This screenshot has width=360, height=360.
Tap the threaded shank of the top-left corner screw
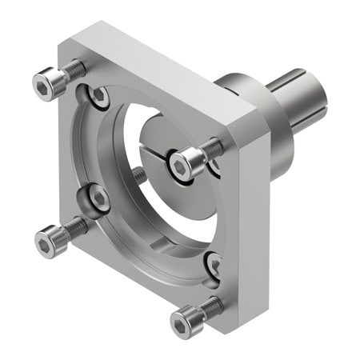[72, 70]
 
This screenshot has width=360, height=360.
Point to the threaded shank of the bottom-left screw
[75, 227]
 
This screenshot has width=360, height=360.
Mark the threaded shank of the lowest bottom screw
[211, 306]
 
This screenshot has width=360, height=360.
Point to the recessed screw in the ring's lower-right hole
[214, 264]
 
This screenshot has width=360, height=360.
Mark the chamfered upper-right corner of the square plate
[254, 120]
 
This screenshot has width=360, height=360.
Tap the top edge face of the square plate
[160, 68]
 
